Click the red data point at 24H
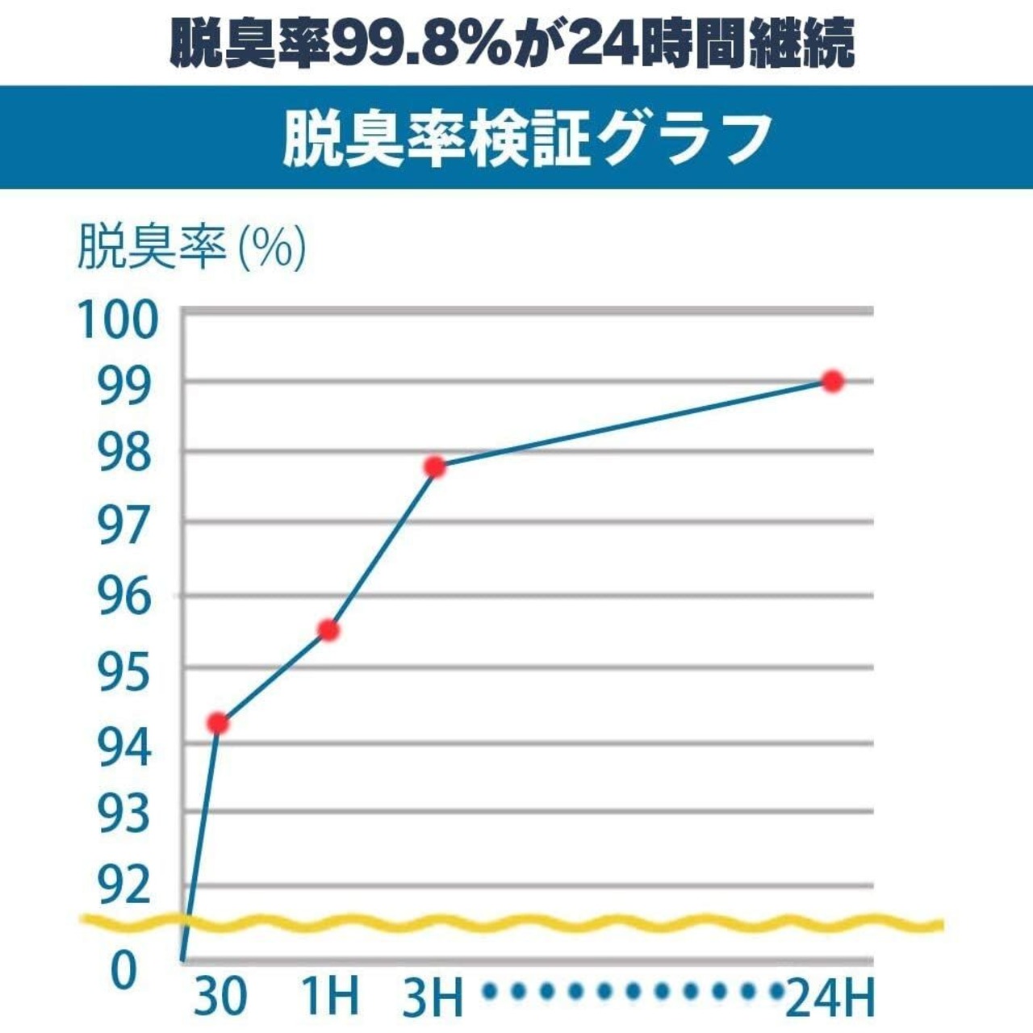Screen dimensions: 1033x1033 tap(832, 381)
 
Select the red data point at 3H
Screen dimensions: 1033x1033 tap(435, 466)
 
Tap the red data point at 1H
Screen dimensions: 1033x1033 tap(328, 630)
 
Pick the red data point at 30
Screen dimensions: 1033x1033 tap(217, 723)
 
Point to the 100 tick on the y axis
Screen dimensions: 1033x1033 tap(116, 320)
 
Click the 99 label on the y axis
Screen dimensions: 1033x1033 tap(125, 387)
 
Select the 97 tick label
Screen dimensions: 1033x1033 tap(125, 525)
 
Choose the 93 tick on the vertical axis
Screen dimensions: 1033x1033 tap(125, 814)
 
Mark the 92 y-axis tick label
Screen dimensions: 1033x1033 tap(125, 885)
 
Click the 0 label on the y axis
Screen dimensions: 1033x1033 tap(123, 972)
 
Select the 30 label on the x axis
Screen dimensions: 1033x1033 tap(220, 997)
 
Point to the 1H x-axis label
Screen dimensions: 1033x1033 tap(329, 997)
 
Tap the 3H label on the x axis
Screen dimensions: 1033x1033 tap(433, 997)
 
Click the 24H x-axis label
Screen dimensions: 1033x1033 tap(830, 998)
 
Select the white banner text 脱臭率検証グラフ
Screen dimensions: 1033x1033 tap(526, 139)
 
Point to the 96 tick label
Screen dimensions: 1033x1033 tap(125, 598)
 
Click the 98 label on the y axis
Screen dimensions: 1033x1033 tap(125, 454)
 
